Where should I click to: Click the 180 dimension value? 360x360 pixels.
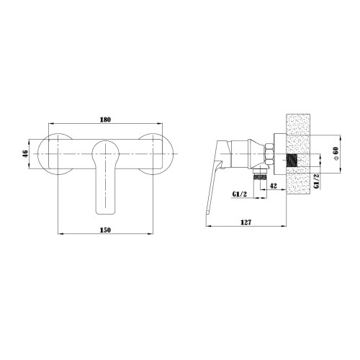(x=105, y=120)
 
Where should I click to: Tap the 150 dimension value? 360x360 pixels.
(x=105, y=230)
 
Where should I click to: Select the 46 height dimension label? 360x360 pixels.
(x=25, y=153)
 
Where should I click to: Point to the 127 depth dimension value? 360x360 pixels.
(x=246, y=222)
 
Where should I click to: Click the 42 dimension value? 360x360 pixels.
(x=274, y=186)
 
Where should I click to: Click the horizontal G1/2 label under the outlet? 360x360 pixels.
(x=240, y=194)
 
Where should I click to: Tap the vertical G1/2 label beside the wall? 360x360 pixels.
(x=317, y=181)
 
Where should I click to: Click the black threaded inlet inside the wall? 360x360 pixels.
(x=292, y=161)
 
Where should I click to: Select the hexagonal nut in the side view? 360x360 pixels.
(x=269, y=154)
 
